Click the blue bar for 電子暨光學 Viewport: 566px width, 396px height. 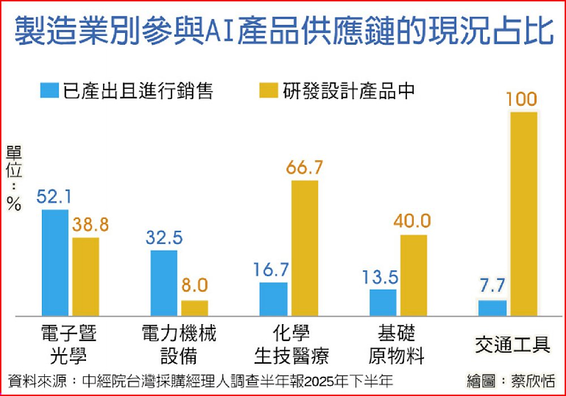pos(55,262)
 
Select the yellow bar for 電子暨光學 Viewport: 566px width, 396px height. pos(85,277)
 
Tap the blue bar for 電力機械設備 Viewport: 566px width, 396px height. pos(164,283)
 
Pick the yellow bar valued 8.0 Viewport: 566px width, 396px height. pos(194,308)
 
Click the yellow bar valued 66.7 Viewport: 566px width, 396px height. pos(305,248)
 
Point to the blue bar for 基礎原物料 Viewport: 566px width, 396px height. pos(383,302)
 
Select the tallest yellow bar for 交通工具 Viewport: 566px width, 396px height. pos(524,213)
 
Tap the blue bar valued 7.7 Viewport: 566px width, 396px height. pos(492,308)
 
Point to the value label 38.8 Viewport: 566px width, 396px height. pos(89,225)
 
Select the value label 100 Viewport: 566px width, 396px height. pos(521,100)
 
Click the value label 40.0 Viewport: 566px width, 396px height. pos(414,221)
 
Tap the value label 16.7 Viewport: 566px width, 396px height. pos(272,270)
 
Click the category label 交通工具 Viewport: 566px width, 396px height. pos(513,344)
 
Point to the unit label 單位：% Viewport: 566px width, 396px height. pos(14,178)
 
